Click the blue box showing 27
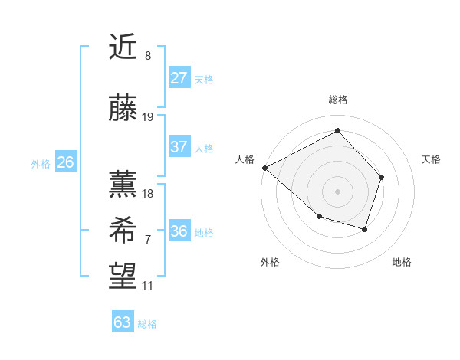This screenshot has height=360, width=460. coord(179,78)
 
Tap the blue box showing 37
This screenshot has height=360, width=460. coord(179,147)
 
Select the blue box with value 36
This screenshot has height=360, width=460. coord(179,231)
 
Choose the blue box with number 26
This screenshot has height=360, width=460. coord(65,162)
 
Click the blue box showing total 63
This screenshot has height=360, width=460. coord(123,322)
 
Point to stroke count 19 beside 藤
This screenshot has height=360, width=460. coord(148,117)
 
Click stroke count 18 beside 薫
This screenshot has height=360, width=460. coord(148,194)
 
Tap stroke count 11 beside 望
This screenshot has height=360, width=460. coord(148,286)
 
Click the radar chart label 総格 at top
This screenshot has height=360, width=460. coord(338,100)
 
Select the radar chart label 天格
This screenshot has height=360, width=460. coord(431,159)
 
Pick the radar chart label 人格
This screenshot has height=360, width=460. coord(245,159)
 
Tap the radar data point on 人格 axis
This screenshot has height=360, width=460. coord(264,168)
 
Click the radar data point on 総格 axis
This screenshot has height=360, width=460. coord(337,130)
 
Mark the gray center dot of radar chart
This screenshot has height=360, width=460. coord(337,191)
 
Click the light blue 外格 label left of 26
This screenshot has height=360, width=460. coord(41,163)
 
